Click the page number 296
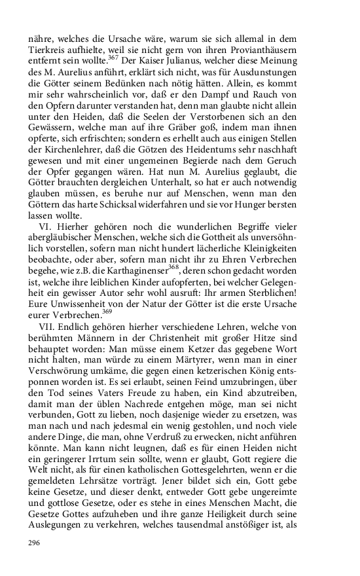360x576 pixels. click(x=35, y=543)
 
